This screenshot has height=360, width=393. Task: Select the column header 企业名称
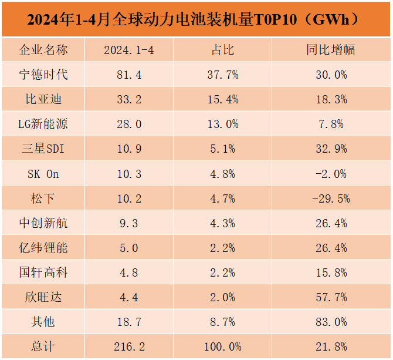43,50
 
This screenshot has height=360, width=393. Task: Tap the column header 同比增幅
331,50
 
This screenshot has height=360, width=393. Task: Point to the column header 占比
222,50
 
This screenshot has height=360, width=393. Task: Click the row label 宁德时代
43,75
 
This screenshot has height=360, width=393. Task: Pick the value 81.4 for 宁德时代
129,75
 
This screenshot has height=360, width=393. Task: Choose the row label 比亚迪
43,99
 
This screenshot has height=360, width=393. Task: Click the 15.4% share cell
222,99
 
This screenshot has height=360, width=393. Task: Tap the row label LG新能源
43,124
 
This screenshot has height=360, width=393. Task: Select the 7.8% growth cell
331,124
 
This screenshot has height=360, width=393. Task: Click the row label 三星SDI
43,149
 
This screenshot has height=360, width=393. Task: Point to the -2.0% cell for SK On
331,174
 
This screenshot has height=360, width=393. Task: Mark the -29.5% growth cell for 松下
331,198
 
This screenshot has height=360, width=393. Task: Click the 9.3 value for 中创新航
129,223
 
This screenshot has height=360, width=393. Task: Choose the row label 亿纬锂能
43,248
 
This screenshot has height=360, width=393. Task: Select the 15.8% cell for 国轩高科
331,272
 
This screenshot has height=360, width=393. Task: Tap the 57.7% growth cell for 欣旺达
331,297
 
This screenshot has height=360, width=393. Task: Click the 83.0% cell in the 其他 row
331,322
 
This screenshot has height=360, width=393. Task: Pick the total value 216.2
129,346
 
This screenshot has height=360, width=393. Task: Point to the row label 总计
43,346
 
